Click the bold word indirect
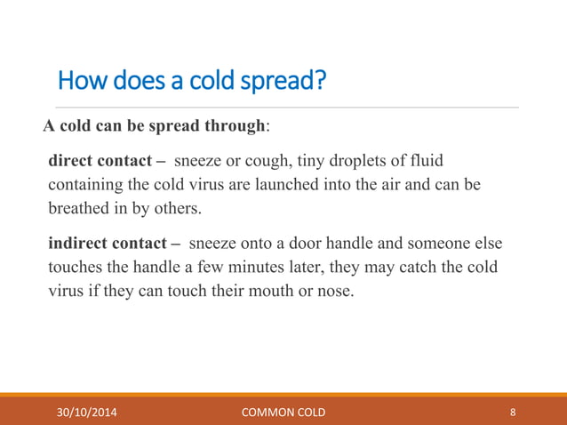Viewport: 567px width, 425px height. pyautogui.click(x=77, y=243)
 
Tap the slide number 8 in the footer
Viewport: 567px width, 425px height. pyautogui.click(x=513, y=412)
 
